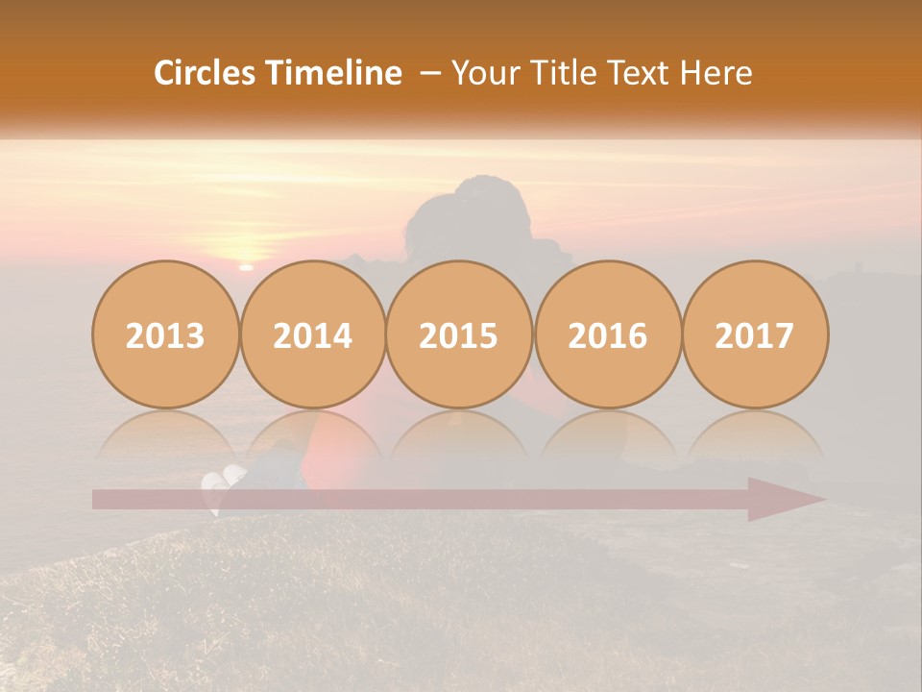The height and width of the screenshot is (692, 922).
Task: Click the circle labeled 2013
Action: [165, 334]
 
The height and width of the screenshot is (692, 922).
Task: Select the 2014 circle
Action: [313, 334]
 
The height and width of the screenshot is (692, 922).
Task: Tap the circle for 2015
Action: [459, 334]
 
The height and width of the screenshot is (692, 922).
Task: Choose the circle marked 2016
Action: [607, 334]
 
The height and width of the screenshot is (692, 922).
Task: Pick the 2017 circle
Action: [755, 334]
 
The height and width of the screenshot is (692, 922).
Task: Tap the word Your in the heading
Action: [485, 73]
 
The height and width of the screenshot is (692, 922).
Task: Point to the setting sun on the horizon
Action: [246, 266]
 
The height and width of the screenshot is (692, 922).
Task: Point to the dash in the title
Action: [430, 73]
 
